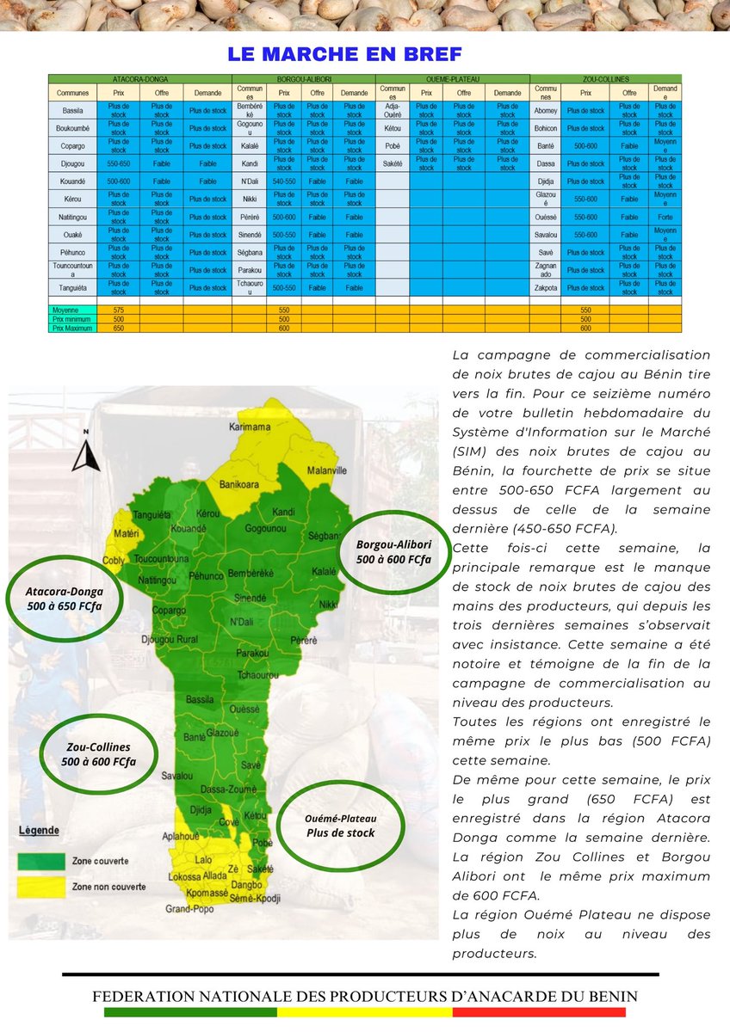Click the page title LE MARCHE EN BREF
(x=344, y=53)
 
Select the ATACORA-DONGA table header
(x=139, y=78)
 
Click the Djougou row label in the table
(x=72, y=163)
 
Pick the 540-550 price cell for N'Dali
(x=284, y=181)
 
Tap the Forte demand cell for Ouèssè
(x=665, y=217)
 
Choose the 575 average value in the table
(x=119, y=310)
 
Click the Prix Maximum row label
(x=72, y=327)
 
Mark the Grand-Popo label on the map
(x=189, y=908)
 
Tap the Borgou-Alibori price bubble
(x=393, y=552)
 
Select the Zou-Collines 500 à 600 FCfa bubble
(x=98, y=754)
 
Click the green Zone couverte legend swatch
(x=42, y=860)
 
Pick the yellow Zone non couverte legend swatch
(x=42, y=885)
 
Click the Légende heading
(x=39, y=831)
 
